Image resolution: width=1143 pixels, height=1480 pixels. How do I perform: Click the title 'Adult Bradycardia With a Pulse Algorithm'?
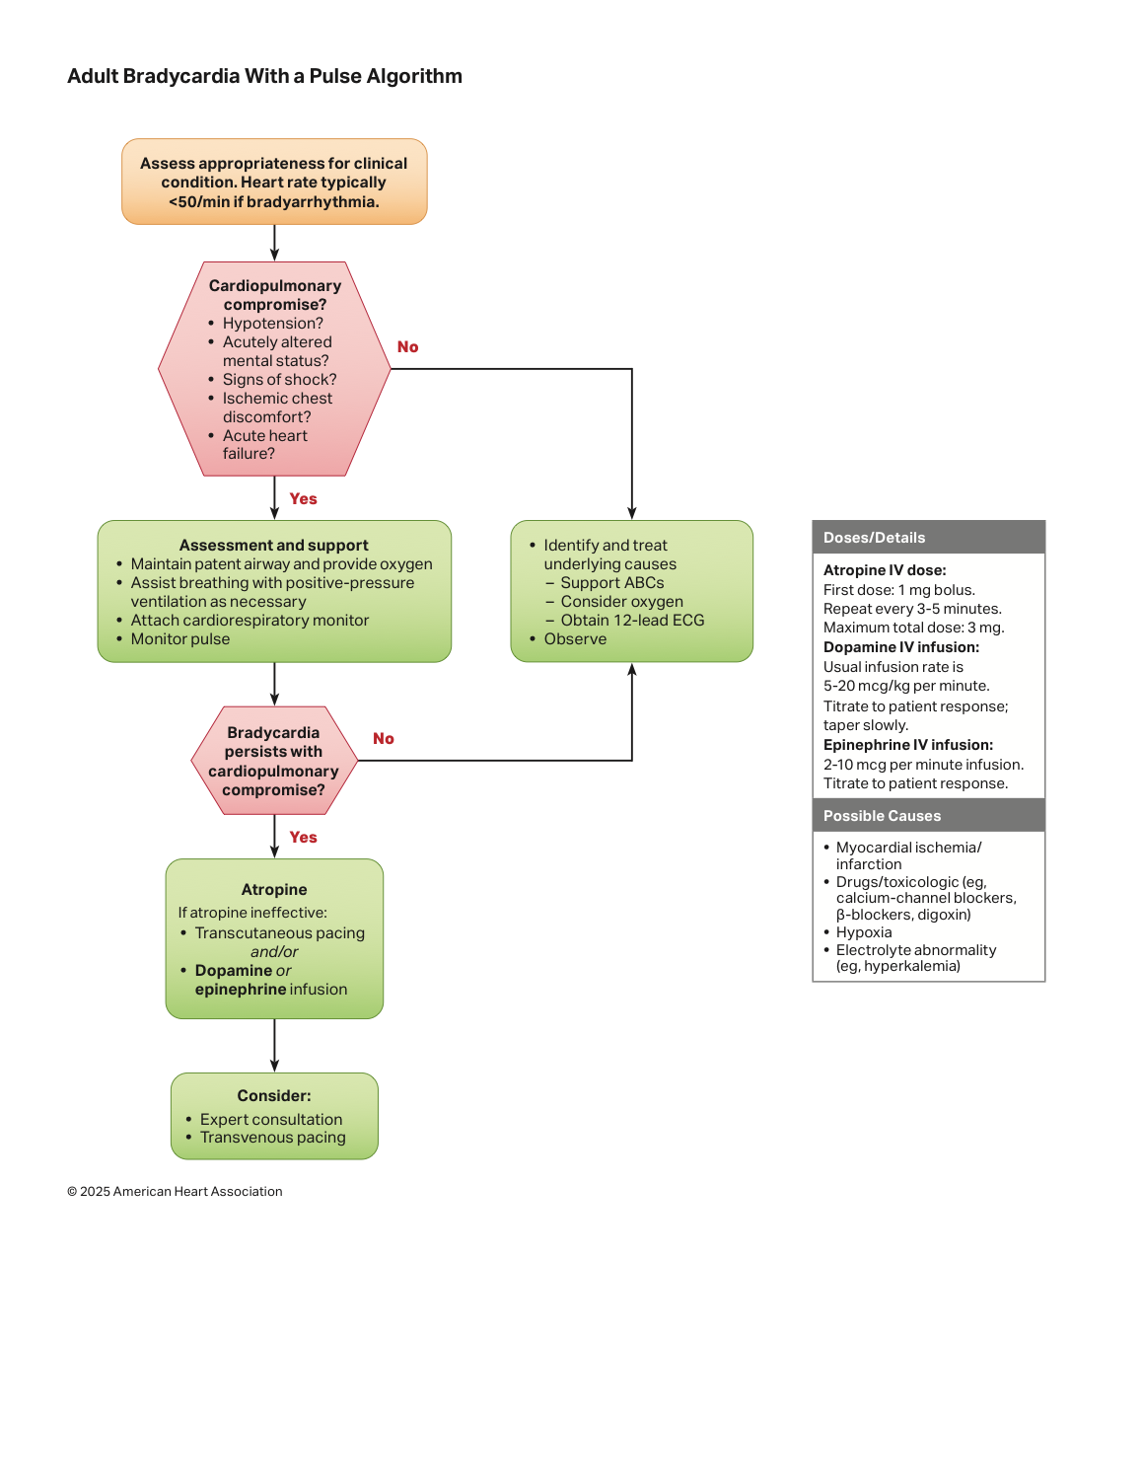(x=264, y=76)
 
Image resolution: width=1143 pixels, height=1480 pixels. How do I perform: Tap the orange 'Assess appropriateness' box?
(x=274, y=182)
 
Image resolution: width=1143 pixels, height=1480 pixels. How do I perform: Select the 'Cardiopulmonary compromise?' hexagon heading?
(x=274, y=295)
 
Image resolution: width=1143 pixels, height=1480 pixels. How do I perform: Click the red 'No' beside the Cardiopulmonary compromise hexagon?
(x=407, y=346)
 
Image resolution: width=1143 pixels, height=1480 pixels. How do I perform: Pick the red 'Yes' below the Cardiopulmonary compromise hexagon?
(x=303, y=498)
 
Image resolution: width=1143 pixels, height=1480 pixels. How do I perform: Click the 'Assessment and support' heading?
(x=273, y=545)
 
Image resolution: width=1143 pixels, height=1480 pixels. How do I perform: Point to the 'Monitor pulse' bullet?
(x=179, y=638)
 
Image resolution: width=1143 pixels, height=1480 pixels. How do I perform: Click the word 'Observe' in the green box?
(x=575, y=638)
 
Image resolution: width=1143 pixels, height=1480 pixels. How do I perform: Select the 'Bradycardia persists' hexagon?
(x=274, y=761)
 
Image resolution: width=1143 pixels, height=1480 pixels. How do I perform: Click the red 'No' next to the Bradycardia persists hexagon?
(x=384, y=738)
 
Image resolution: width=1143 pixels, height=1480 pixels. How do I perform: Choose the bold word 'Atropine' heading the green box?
(x=274, y=890)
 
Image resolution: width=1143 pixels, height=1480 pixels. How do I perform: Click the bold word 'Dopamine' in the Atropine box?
(x=234, y=971)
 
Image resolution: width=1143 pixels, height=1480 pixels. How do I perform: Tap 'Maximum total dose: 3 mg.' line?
(x=913, y=628)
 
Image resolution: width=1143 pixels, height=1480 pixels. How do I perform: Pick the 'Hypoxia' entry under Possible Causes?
(x=863, y=932)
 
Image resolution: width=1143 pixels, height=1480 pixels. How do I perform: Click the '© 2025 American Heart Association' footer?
(x=175, y=1191)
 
